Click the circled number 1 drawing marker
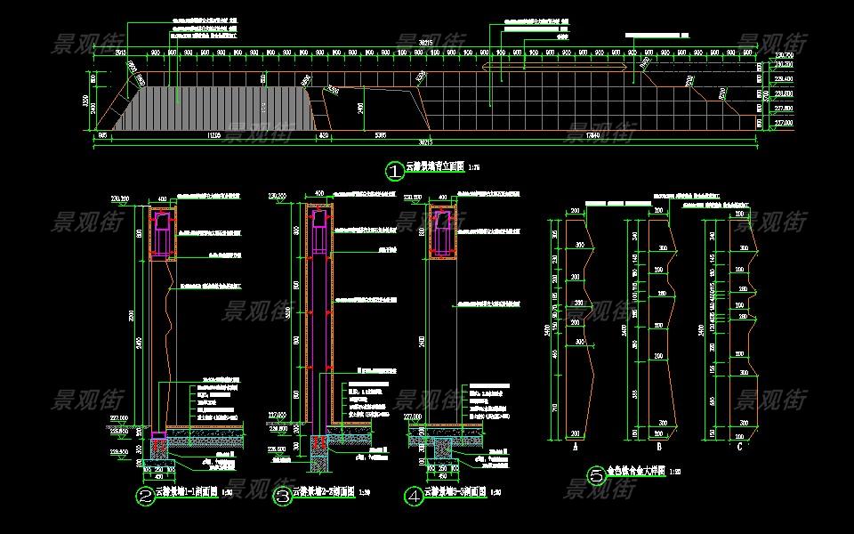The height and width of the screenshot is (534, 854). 393,169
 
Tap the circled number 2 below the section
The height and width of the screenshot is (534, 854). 144,497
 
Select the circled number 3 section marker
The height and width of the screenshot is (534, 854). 283,497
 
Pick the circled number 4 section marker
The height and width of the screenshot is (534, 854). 413,497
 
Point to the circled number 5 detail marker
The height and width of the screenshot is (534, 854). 596,475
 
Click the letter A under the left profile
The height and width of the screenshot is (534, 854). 576,447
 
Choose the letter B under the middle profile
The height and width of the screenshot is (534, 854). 657,447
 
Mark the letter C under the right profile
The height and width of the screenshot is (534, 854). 741,447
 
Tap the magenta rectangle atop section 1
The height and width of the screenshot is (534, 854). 161,233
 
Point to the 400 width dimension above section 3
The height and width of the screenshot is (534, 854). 319,192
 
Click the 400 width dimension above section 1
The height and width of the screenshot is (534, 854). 163,198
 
